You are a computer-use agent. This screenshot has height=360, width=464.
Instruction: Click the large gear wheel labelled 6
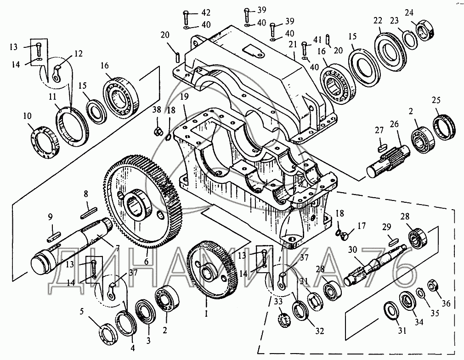142,201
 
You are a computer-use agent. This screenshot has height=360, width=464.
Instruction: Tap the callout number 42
206,12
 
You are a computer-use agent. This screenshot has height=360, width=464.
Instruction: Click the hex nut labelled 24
425,29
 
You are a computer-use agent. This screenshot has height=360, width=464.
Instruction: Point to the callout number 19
184,97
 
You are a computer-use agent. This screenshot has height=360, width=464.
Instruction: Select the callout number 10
27,116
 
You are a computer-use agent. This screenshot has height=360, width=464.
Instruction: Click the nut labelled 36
433,286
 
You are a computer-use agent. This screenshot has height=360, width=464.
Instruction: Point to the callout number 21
293,45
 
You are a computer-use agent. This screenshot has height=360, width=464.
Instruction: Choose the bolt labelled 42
186,19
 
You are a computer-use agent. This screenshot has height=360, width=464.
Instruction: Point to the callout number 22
378,20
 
